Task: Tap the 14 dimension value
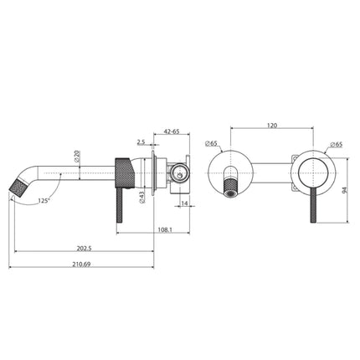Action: click(x=183, y=202)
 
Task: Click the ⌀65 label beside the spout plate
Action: click(x=211, y=144)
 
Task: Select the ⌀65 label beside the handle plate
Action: click(x=335, y=144)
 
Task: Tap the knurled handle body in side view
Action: click(x=123, y=171)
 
